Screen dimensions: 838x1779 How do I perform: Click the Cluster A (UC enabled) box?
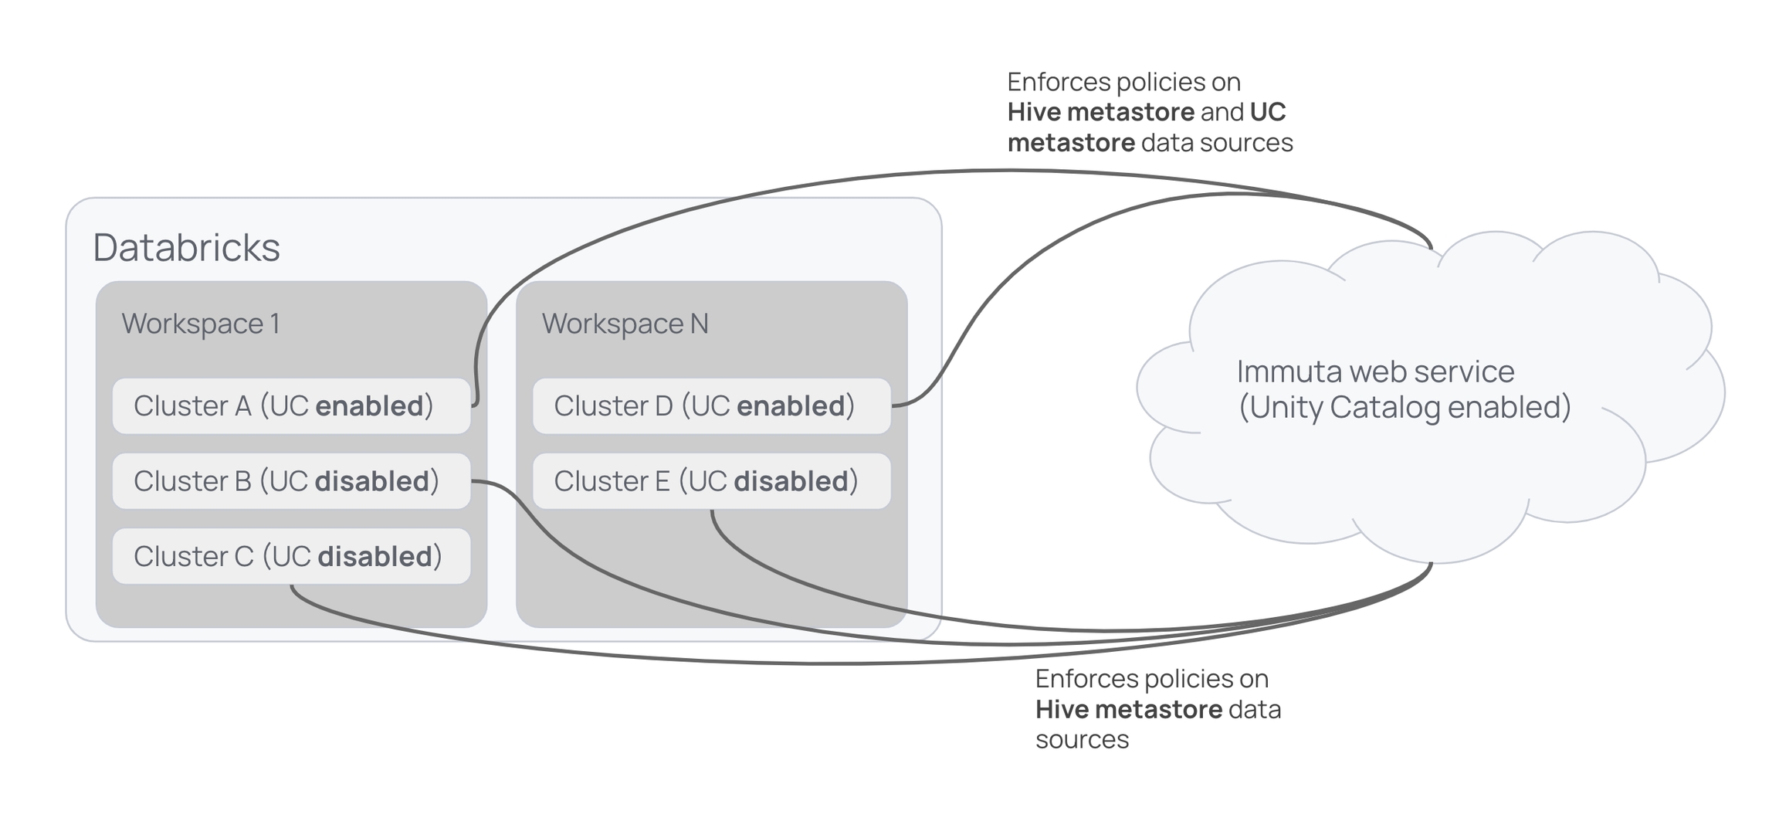coord(291,406)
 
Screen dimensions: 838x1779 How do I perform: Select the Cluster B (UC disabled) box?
coord(291,481)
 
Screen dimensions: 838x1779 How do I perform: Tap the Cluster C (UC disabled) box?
coord(291,556)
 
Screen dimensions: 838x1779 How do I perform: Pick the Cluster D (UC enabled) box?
coord(711,406)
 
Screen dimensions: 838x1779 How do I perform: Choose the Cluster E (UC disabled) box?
coord(711,481)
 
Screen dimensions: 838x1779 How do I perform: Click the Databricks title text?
coord(186,248)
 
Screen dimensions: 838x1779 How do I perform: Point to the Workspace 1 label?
coord(201,324)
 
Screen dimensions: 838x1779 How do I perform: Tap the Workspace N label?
coord(625,324)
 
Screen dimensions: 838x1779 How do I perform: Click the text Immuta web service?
coord(1375,372)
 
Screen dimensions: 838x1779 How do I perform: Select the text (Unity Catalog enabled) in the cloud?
coord(1405,408)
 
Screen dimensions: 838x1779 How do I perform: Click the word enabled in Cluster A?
coord(369,406)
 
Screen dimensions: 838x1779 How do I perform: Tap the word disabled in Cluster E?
coord(791,481)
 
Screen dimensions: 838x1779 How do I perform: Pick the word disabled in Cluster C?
coord(374,556)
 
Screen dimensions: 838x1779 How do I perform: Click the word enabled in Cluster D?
coord(791,406)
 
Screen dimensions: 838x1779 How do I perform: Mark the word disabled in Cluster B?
coord(372,481)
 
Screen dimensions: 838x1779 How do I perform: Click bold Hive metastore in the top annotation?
coord(1100,113)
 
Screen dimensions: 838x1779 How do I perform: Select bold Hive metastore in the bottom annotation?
coord(1128,709)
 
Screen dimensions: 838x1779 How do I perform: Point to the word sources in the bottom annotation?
coord(1082,740)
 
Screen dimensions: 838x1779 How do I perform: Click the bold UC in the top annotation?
coord(1267,113)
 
